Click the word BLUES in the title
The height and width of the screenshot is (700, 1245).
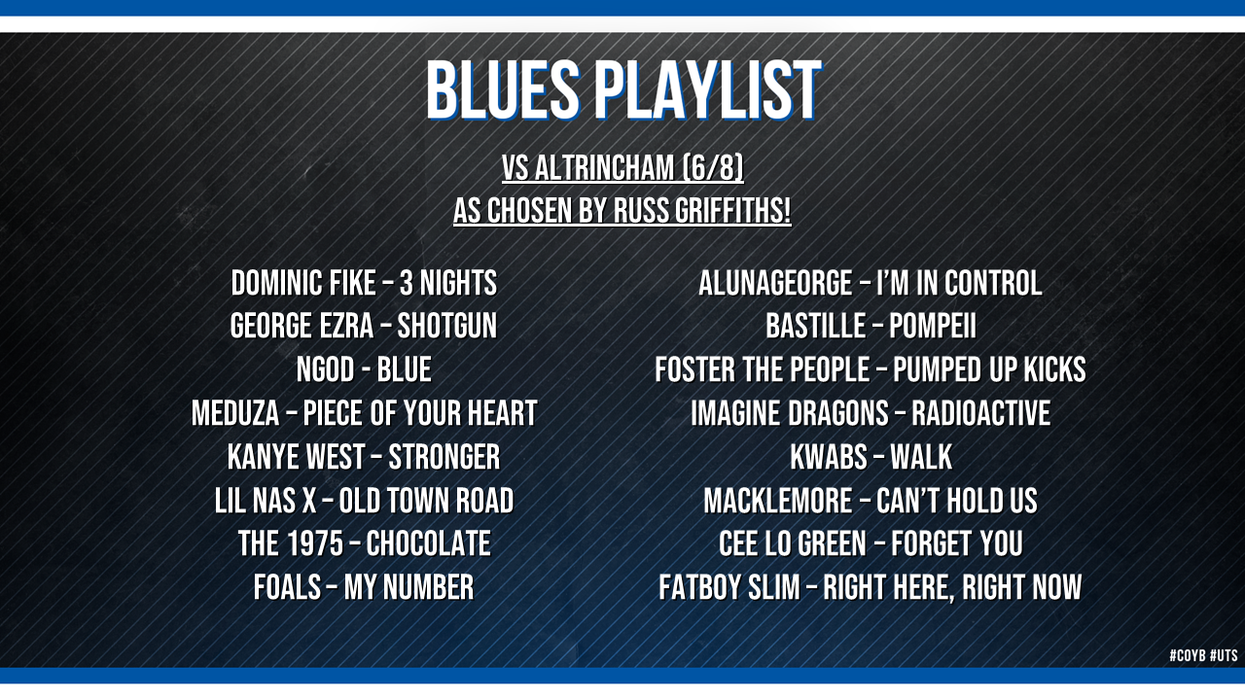[503, 89]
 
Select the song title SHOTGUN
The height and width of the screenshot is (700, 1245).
[446, 326]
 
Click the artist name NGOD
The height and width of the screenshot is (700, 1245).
[325, 369]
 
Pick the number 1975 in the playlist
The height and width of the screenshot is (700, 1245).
[315, 543]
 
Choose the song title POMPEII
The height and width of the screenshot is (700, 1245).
[932, 326]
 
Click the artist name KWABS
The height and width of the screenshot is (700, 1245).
[828, 457]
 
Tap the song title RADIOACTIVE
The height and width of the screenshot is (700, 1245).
[980, 413]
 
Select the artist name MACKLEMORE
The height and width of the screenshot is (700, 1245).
[777, 501]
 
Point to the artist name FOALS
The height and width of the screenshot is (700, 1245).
[287, 587]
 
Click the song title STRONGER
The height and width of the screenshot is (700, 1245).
[445, 457]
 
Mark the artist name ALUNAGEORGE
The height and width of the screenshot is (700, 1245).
[775, 283]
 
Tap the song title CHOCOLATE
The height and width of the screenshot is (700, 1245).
[428, 543]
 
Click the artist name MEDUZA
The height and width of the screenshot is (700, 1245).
[235, 413]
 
